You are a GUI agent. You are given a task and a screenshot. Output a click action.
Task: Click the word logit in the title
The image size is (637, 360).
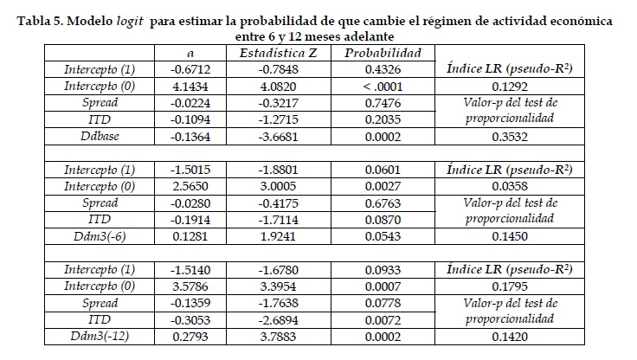point(130,21)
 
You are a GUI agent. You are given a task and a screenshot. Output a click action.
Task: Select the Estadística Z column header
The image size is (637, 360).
point(279,53)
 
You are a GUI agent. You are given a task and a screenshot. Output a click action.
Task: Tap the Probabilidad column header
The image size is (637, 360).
point(383,53)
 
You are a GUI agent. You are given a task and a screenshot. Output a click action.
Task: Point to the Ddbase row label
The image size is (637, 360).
point(100,136)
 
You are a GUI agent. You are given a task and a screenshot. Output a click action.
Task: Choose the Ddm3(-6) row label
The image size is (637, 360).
point(100,236)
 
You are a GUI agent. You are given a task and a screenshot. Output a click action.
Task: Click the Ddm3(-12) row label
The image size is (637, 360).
point(100,336)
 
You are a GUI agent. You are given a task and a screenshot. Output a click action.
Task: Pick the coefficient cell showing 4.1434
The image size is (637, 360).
point(190,87)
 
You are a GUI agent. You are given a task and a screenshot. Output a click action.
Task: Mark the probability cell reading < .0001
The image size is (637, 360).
point(383,87)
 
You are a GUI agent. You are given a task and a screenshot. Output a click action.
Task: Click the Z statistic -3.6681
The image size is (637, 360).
point(279,137)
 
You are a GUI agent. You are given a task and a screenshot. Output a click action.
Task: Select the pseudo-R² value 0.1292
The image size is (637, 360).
point(510,87)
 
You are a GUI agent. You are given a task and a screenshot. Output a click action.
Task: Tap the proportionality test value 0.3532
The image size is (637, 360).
point(510,137)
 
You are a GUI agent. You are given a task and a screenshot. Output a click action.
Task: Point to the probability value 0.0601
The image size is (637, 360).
point(383,170)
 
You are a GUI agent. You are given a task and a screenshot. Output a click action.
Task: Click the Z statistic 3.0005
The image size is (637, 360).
point(279,187)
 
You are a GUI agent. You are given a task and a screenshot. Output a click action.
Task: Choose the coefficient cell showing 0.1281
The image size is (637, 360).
point(190,236)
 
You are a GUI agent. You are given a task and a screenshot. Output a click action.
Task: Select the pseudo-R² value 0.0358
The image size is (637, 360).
point(510,187)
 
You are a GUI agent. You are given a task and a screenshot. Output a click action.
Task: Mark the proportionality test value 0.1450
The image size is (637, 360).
point(510,236)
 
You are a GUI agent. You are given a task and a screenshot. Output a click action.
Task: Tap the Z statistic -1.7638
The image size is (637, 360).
point(279,303)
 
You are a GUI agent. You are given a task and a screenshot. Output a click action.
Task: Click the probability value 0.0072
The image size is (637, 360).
point(383,320)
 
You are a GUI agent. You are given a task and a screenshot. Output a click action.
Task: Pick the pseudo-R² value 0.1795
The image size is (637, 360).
point(510,286)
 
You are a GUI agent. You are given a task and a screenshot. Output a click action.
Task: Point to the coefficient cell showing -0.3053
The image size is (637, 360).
point(190,320)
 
